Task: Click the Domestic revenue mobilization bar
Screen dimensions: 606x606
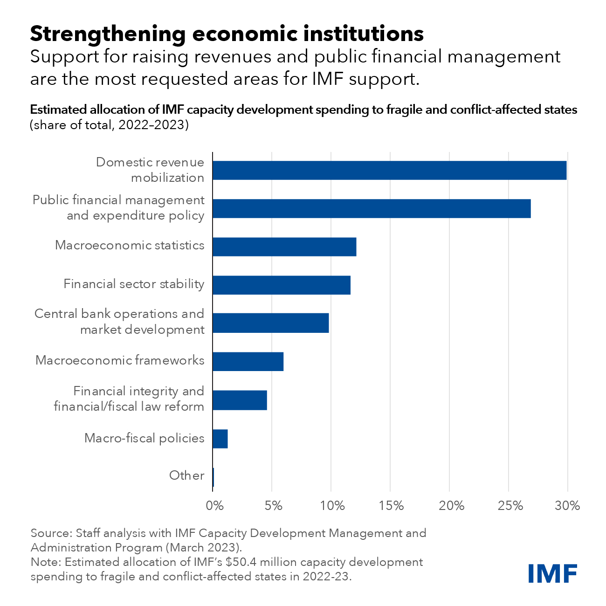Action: coord(389,171)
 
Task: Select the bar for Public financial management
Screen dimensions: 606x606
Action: coord(372,208)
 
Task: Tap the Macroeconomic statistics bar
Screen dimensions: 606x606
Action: coord(284,247)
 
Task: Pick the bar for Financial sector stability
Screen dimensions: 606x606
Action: coord(282,285)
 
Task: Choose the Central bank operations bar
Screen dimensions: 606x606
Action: coord(270,323)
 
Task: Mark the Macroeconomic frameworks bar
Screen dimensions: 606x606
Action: coord(248,361)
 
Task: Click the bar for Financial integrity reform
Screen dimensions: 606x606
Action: coord(240,400)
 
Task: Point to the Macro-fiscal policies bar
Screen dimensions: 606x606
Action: coord(220,439)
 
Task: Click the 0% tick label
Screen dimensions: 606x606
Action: coord(214,506)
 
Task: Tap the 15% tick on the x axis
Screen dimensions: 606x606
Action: coord(391,506)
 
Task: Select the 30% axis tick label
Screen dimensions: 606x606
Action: coord(567,506)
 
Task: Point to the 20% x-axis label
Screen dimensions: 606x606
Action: coord(450,506)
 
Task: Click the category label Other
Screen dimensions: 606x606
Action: coord(186,475)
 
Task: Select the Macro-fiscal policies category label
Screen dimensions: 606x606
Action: coord(144,438)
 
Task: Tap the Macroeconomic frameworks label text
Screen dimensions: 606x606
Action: coord(120,360)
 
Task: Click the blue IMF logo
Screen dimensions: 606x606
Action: coord(552,573)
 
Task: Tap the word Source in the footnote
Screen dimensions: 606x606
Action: coord(50,533)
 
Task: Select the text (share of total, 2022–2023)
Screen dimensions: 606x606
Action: coord(109,125)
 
